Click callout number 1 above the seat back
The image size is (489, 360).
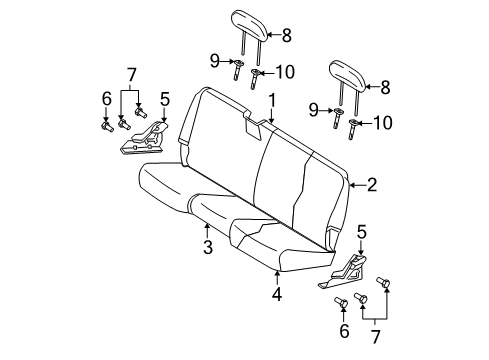click(x=272, y=98)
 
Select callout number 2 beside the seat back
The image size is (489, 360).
click(x=372, y=184)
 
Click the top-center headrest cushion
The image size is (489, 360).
click(x=249, y=20)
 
